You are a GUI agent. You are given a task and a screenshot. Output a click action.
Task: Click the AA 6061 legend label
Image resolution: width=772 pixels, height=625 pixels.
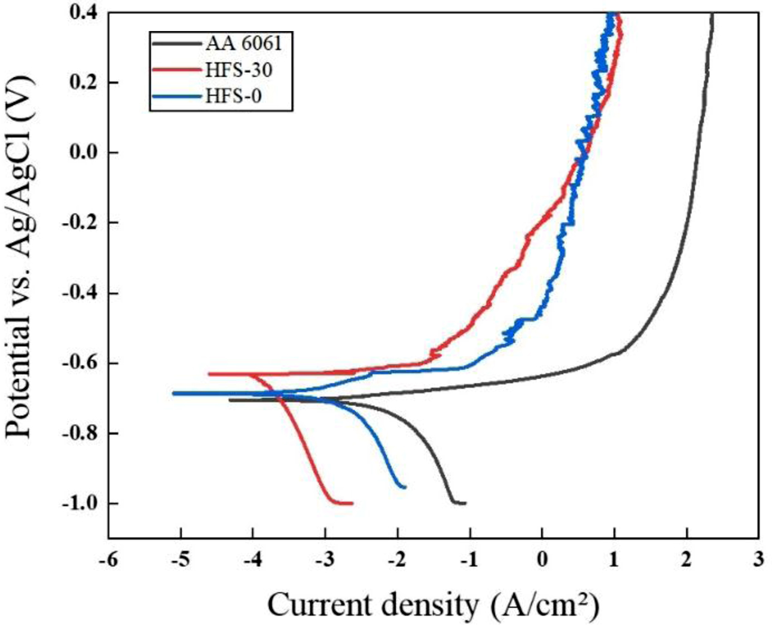coord(243,44)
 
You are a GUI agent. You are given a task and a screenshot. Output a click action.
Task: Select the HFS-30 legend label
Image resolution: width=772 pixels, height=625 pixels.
coord(239,70)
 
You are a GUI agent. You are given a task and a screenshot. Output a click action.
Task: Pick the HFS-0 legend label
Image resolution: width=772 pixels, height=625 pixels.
coord(233,96)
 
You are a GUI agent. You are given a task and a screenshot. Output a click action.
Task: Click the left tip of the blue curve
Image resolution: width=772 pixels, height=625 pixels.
coord(173,394)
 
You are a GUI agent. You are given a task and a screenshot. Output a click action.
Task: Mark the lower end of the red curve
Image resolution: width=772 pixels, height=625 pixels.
coord(352,503)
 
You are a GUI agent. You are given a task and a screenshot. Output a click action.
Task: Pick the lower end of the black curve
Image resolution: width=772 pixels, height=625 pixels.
coord(465,503)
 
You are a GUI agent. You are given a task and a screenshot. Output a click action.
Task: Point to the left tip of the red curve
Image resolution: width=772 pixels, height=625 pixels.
coord(209,374)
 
